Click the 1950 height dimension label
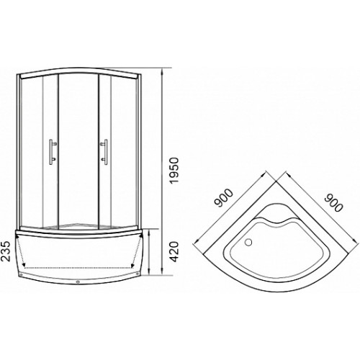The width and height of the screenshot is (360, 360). click(x=174, y=171)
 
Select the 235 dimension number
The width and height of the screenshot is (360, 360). click(x=6, y=251)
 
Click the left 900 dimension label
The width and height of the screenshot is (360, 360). click(x=224, y=198)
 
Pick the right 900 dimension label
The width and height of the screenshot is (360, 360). click(x=333, y=203)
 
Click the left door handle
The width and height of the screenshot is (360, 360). click(x=53, y=152)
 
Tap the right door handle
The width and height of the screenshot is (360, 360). click(x=104, y=152)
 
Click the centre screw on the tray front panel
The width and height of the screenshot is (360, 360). click(x=78, y=282)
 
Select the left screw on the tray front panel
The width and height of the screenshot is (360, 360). click(x=21, y=274)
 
